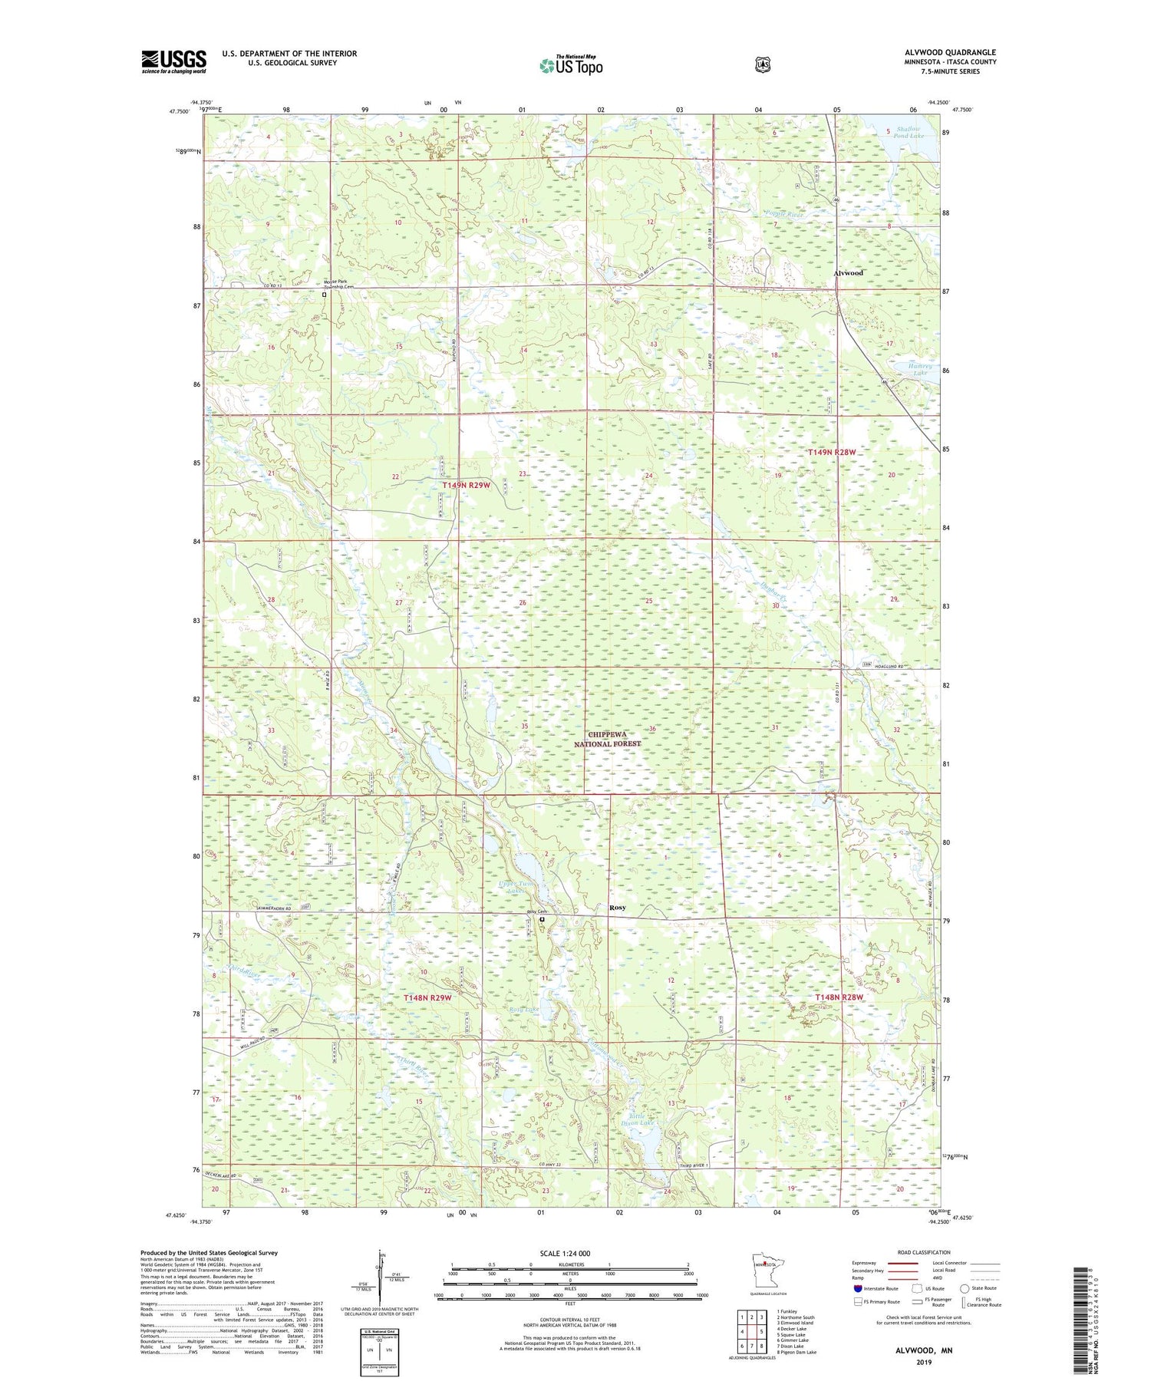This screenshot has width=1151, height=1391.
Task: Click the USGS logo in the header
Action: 173,61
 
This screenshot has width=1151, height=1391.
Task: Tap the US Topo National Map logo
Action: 571,65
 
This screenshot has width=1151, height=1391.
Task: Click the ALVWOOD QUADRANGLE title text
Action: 950,52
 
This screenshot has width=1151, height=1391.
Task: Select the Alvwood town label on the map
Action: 848,273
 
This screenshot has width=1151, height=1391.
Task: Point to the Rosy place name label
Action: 617,908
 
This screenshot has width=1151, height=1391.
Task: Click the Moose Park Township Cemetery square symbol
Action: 324,294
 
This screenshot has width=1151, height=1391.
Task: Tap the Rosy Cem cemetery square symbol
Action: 542,919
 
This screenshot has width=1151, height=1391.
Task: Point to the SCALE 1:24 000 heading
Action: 569,1253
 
